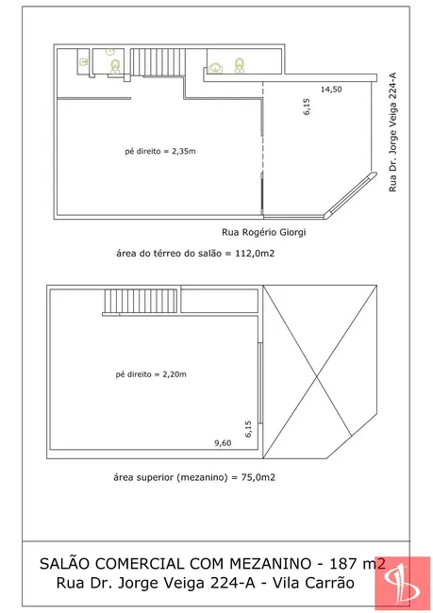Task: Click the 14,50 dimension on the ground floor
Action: click(x=331, y=90)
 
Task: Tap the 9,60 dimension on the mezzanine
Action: click(x=223, y=443)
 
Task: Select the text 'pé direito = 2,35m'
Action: click(x=160, y=151)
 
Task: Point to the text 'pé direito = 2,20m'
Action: click(x=151, y=374)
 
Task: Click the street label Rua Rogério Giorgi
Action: click(x=263, y=232)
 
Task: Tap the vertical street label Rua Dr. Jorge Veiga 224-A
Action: click(x=392, y=132)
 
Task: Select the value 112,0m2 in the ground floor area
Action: click(x=255, y=254)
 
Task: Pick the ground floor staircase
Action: click(x=158, y=62)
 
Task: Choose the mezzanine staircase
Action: click(x=141, y=301)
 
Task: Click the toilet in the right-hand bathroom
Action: click(x=240, y=65)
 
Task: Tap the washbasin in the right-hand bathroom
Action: click(x=216, y=69)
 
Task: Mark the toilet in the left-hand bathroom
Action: click(x=115, y=66)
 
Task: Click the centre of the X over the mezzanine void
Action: click(x=316, y=376)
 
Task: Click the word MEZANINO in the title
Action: click(x=271, y=563)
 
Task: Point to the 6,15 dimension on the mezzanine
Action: click(x=248, y=429)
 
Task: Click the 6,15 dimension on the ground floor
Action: click(x=307, y=107)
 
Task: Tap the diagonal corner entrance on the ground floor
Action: click(x=351, y=194)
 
